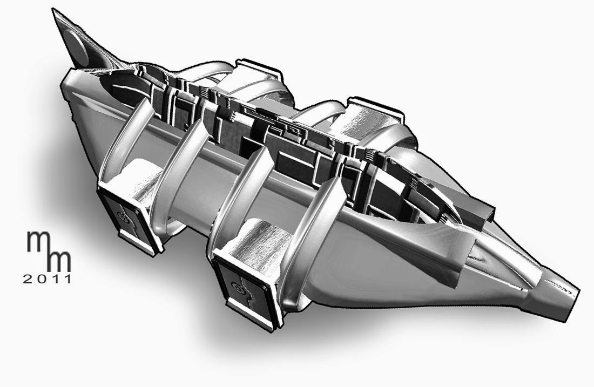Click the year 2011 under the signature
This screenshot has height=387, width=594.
click(47, 280)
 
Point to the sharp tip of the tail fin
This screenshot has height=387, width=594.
click(53, 9)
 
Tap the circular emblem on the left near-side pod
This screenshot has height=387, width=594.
click(123, 217)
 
